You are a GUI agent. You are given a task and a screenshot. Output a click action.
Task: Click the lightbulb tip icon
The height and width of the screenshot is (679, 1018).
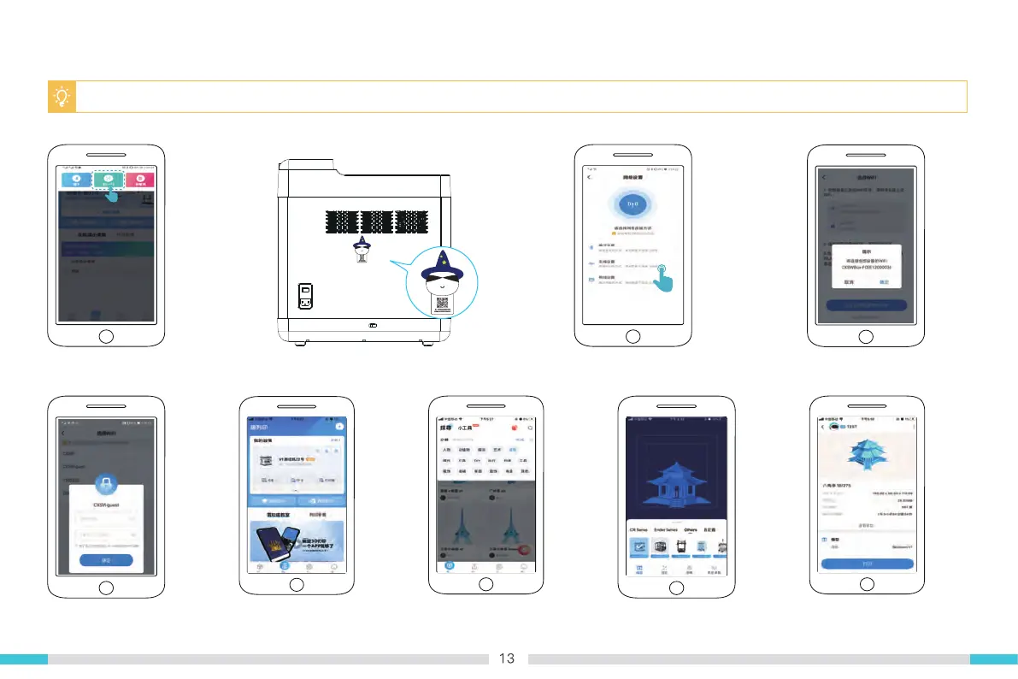[61, 97]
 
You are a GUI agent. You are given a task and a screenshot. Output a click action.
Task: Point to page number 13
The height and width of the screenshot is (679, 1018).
[507, 658]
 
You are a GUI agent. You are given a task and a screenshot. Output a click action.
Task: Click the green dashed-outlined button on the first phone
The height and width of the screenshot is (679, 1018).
[109, 180]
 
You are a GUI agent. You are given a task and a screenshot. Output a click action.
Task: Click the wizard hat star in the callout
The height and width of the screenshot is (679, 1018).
[442, 257]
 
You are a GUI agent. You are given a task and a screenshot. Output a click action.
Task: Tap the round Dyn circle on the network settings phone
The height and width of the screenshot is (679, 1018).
[633, 205]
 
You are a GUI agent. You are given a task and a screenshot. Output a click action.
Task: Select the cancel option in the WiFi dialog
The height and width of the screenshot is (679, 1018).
[849, 281]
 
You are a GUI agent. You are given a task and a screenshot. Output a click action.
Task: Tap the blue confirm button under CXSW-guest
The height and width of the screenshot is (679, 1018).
[106, 560]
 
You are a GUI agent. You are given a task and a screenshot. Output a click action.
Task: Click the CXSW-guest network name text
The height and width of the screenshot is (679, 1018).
[106, 505]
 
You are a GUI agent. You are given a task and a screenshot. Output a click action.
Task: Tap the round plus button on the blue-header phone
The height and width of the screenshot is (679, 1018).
[339, 425]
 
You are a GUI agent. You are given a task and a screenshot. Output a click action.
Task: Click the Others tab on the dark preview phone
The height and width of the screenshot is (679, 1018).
[691, 530]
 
